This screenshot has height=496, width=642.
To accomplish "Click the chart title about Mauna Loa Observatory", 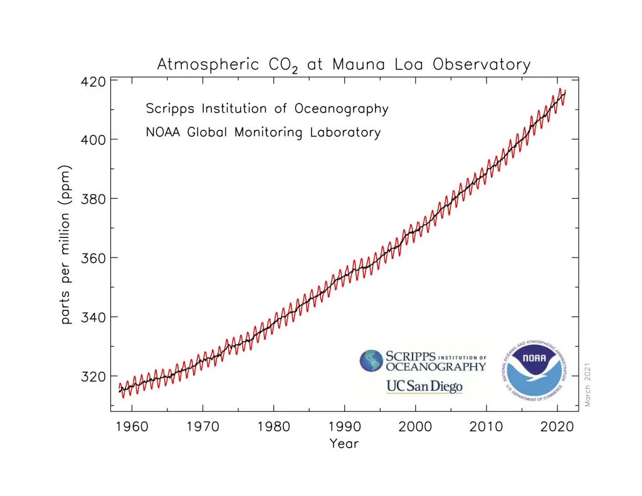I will click(x=343, y=65).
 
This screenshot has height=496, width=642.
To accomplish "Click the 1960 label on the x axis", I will click(x=132, y=428).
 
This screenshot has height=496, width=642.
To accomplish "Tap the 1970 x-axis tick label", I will click(x=203, y=428).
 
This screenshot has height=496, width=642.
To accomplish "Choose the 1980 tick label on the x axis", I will click(x=273, y=428).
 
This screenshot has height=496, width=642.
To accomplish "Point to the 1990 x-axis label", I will click(x=344, y=428).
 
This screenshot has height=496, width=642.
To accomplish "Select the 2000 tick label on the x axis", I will click(x=416, y=428).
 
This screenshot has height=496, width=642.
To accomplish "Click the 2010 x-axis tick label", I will click(x=487, y=428).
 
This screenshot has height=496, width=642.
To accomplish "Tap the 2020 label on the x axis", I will click(x=557, y=428).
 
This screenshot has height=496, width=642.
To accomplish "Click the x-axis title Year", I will click(x=344, y=444).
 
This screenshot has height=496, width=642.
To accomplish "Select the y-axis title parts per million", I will click(x=66, y=245).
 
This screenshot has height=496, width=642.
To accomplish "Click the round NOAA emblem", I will click(x=534, y=371).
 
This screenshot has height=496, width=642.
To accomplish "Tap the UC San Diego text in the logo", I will click(x=424, y=386).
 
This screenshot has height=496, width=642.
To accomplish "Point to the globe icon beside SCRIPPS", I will click(x=371, y=361).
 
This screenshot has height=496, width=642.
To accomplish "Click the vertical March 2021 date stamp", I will click(x=588, y=384).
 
